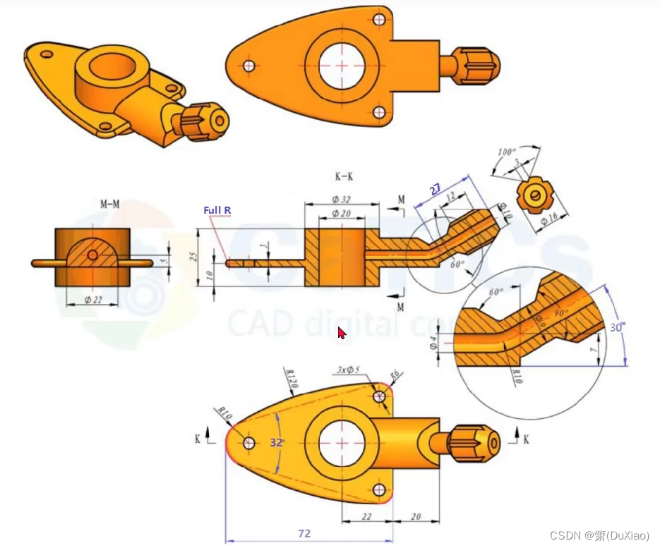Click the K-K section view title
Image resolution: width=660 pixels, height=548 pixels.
click(x=344, y=175)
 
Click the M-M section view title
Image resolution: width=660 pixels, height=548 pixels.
click(x=109, y=205)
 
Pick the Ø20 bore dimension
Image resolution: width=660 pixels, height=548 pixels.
click(x=342, y=214)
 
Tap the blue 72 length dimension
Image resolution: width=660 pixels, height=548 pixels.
click(x=304, y=534)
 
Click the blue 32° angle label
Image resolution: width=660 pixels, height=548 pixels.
click(x=277, y=443)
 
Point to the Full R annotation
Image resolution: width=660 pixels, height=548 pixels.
click(x=217, y=210)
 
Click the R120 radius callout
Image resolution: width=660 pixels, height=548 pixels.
click(x=290, y=379)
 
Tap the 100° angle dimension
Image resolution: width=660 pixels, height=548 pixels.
click(x=507, y=152)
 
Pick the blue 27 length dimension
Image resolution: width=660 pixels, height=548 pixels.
click(x=436, y=189)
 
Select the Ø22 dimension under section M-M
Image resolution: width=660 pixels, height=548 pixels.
click(x=92, y=300)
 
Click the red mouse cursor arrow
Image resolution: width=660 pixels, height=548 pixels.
click(x=341, y=333)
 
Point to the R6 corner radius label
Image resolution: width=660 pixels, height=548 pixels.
click(x=395, y=374)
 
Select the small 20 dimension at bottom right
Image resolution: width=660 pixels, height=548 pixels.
click(x=415, y=517)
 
